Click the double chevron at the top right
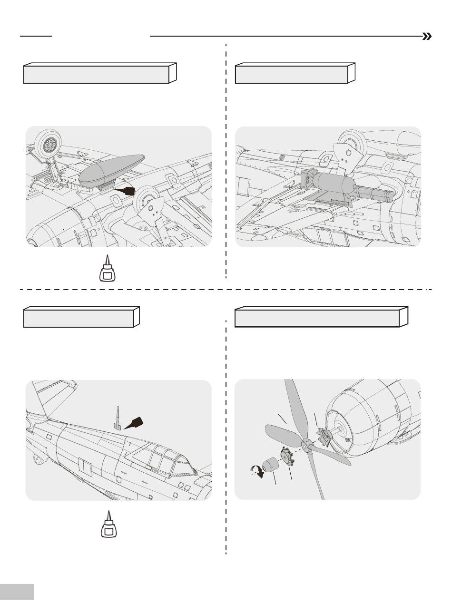pyautogui.click(x=427, y=37)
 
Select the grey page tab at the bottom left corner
pyautogui.click(x=17, y=592)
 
